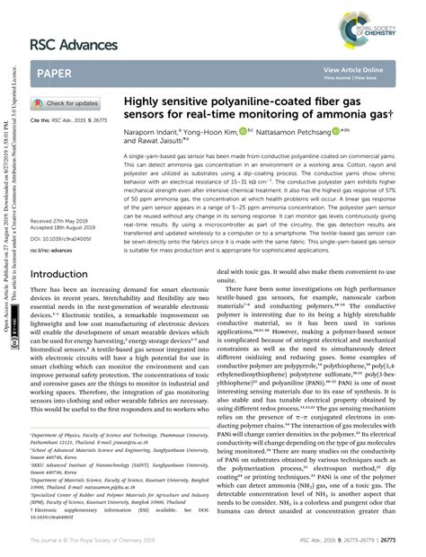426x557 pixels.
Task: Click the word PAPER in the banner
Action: point(56,75)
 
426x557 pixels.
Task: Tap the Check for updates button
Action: point(67,103)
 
